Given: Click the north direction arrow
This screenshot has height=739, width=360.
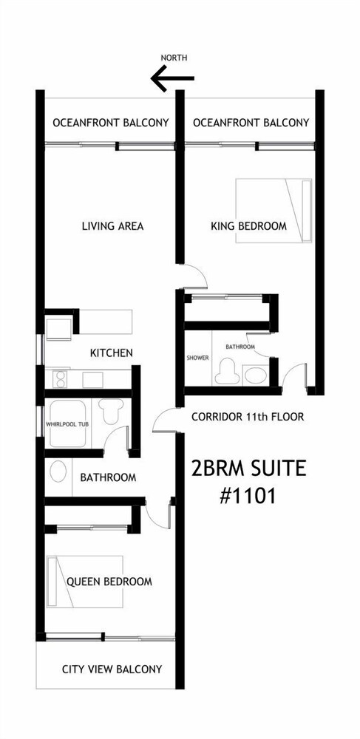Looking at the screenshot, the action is [172, 78].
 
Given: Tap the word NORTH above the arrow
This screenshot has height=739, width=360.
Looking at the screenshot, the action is [174, 58].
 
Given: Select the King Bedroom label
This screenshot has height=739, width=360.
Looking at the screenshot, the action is [248, 226].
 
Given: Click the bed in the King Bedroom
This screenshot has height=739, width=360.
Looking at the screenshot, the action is [274, 211].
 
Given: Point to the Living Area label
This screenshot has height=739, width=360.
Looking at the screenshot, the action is [112, 226].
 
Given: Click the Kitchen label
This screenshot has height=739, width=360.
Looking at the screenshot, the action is [111, 353].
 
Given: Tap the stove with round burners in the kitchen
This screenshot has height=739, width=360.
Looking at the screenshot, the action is [61, 379].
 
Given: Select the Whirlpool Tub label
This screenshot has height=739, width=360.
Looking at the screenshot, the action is [68, 424].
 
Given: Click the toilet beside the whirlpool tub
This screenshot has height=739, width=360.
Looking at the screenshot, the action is [112, 410].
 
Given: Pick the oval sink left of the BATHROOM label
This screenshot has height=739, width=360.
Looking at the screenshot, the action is [58, 471].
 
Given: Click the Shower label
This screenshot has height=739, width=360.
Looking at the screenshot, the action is [197, 358].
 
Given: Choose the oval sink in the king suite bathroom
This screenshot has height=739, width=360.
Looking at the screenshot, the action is [256, 375].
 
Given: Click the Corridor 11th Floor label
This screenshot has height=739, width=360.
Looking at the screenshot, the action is [248, 417].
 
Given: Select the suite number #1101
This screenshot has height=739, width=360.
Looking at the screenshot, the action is [248, 496].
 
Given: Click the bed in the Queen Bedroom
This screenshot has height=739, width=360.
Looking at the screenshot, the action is [85, 582].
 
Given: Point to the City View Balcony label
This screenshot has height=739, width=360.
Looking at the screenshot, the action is [112, 670].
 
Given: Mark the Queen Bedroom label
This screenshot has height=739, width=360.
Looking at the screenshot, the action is [109, 582].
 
